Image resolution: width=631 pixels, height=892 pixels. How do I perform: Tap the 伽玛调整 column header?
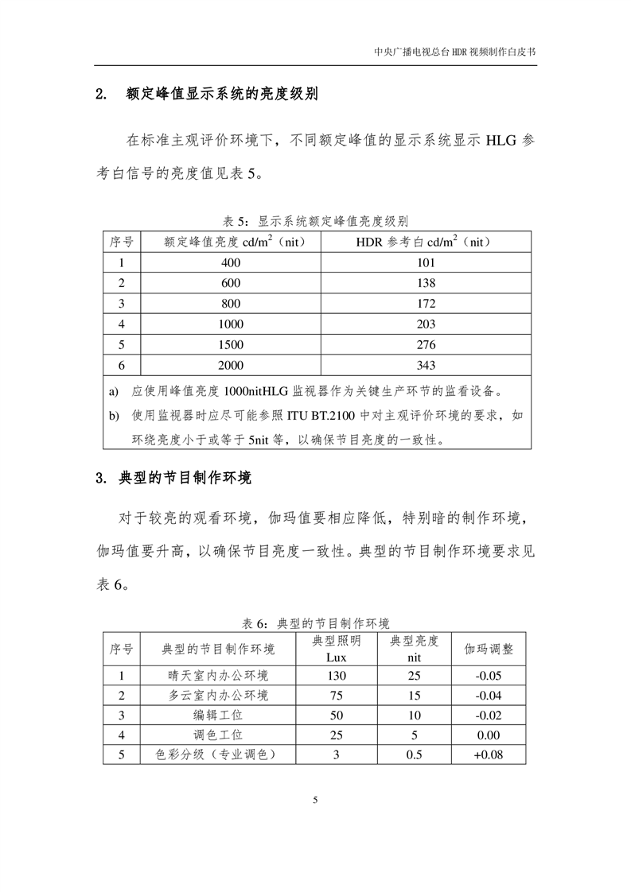[489, 650]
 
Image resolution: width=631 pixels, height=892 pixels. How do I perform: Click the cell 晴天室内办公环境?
[218, 676]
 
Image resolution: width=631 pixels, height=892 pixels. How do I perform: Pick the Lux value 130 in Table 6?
[337, 676]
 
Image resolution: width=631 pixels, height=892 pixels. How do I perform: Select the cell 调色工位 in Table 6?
[218, 735]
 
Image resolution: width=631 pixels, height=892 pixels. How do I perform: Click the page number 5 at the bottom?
[316, 800]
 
